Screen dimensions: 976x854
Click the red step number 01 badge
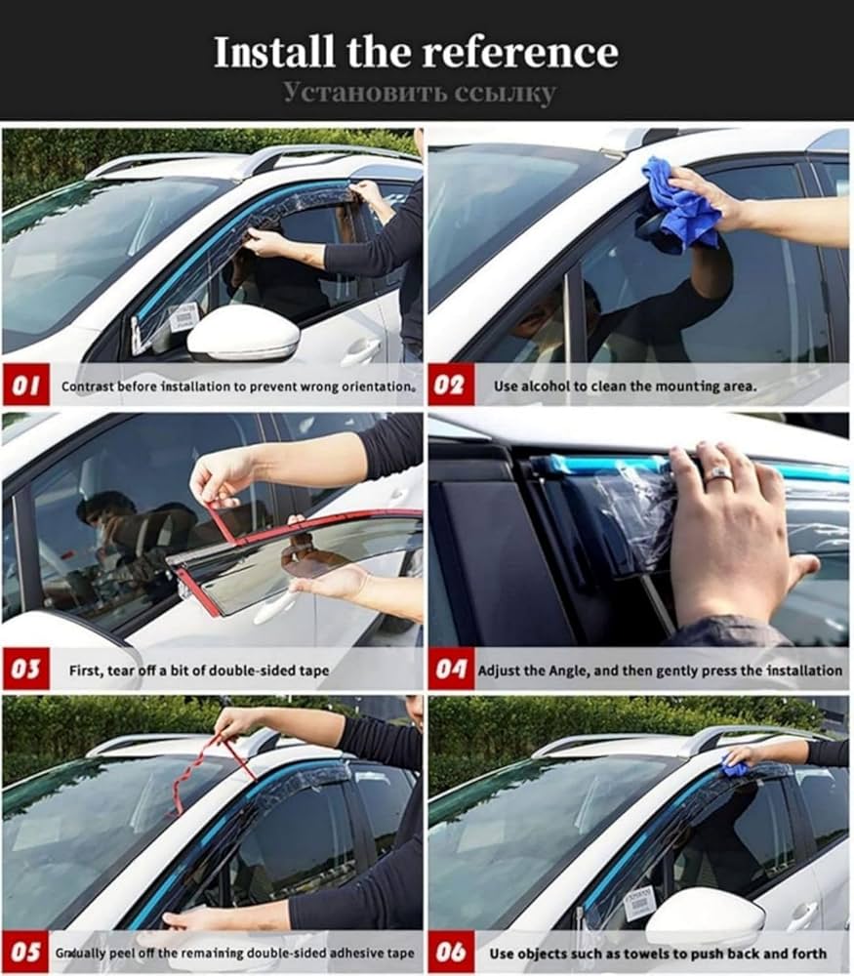click(26, 386)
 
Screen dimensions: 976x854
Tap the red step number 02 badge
click(449, 386)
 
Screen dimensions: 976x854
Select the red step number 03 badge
click(26, 670)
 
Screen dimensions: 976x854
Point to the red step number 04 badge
click(449, 670)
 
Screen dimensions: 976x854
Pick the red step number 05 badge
click(26, 952)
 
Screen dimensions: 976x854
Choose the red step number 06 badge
click(449, 952)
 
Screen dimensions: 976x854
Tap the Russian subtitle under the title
click(420, 93)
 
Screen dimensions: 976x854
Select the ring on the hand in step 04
click(718, 473)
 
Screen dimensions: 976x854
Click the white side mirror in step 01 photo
click(244, 335)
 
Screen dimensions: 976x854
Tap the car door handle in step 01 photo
click(360, 348)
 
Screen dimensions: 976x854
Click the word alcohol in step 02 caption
click(546, 386)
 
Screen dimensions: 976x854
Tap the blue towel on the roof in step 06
click(735, 768)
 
